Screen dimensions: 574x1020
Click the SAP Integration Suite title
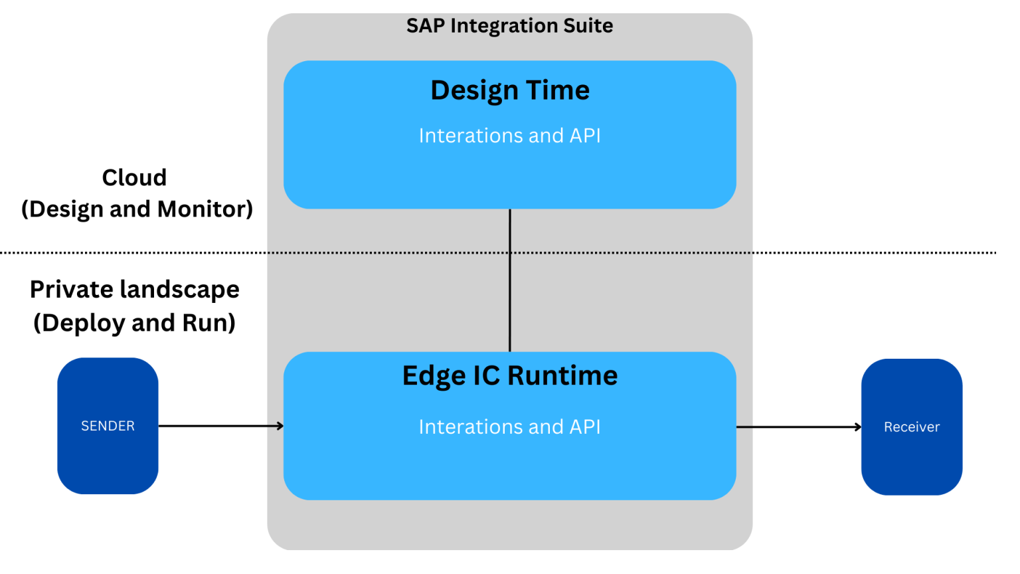(x=509, y=26)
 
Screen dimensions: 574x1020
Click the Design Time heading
(x=509, y=90)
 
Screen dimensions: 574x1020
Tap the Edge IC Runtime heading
(x=509, y=376)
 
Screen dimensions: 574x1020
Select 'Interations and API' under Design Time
(x=509, y=136)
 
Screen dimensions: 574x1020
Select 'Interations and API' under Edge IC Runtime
(x=509, y=427)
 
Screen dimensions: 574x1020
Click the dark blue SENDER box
(x=108, y=426)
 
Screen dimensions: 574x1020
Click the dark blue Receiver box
(x=911, y=427)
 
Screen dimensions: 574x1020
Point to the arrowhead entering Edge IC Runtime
(x=281, y=426)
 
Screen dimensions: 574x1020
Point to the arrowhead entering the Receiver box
(x=858, y=427)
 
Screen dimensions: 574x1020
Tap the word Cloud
(x=134, y=177)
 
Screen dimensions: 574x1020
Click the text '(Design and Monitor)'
(x=137, y=209)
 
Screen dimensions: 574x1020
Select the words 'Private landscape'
(x=134, y=290)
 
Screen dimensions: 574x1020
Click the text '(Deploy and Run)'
(x=134, y=323)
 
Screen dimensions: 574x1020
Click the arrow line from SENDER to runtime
(x=219, y=426)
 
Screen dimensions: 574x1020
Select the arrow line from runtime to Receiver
(x=797, y=427)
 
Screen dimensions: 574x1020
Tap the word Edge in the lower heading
(x=434, y=376)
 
